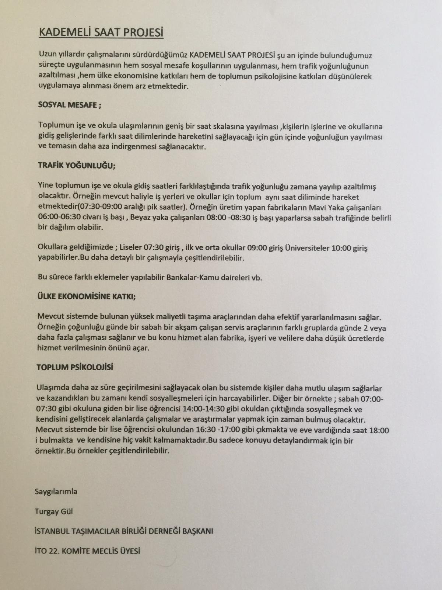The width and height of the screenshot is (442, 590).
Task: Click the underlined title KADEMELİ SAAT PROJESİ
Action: [101, 32]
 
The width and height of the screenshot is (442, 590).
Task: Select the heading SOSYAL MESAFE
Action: [70, 104]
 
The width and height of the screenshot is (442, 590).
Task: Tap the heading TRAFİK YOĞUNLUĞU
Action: [77, 165]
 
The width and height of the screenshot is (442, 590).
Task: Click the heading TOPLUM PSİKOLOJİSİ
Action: [75, 367]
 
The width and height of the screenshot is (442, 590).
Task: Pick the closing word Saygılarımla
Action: [56, 491]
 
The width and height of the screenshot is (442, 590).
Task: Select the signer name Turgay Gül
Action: [53, 511]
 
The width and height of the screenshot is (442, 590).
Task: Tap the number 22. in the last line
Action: [54, 551]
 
